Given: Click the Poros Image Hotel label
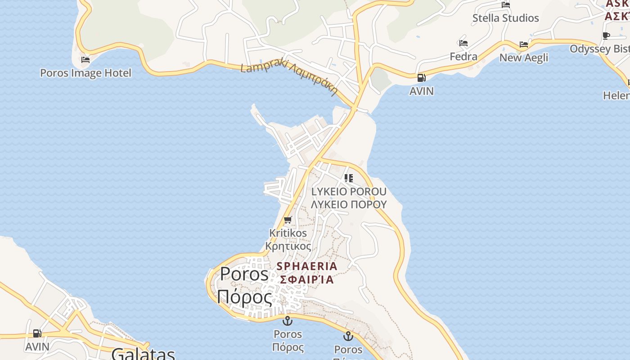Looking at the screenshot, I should [x=85, y=73].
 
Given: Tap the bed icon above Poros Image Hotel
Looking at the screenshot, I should [x=85, y=60].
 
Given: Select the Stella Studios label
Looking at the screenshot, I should [x=505, y=18].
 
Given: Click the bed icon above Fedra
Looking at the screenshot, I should [x=463, y=43].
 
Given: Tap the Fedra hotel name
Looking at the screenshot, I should [x=463, y=57].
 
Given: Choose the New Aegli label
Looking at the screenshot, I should [x=524, y=58].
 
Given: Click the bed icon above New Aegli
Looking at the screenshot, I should [x=524, y=45].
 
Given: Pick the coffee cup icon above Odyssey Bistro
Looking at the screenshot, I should [x=606, y=36].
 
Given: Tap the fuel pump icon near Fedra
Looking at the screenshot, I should [x=421, y=78].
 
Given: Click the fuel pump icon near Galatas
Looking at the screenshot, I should [x=37, y=333].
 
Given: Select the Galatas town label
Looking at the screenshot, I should [x=143, y=354].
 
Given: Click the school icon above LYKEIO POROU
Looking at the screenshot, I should [x=349, y=178].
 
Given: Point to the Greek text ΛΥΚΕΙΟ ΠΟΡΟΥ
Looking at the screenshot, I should [x=349, y=204].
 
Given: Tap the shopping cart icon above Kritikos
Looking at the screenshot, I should [x=288, y=220].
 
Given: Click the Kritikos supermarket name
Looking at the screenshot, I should [x=288, y=233].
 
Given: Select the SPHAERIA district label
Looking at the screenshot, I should [x=307, y=266].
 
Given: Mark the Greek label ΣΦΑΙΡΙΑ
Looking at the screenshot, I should [x=307, y=279].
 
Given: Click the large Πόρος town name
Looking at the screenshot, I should [x=244, y=297].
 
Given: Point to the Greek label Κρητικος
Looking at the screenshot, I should [x=288, y=247].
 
